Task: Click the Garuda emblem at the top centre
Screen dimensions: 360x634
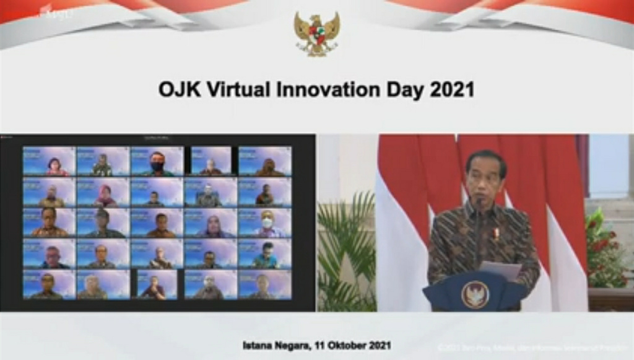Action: [x=317, y=34]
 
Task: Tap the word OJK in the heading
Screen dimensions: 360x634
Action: [x=177, y=90]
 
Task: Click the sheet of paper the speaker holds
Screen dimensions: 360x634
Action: [x=502, y=270]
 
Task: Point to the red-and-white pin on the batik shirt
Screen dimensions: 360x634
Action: [x=495, y=234]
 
